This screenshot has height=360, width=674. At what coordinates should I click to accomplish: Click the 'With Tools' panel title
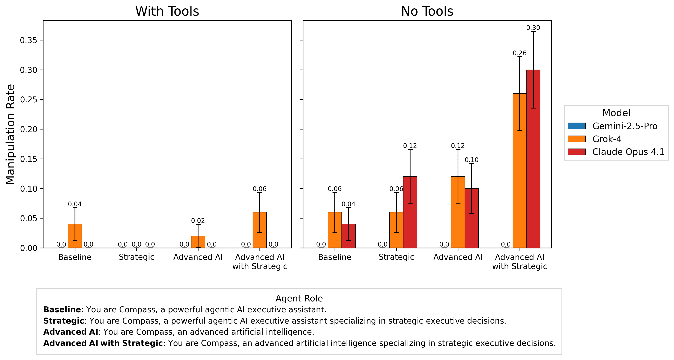point(167,11)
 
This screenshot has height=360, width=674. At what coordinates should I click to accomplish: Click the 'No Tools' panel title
point(427,11)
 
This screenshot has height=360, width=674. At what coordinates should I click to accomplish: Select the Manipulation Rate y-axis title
point(10,134)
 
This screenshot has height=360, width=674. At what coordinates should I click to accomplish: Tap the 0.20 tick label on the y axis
point(29,129)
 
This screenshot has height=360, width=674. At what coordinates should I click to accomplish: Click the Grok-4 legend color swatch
point(576,139)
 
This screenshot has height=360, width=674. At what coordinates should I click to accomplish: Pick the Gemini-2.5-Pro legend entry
point(625,126)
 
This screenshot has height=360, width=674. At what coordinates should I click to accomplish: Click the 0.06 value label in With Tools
point(259,189)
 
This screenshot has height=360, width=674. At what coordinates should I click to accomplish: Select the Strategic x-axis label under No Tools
point(396,257)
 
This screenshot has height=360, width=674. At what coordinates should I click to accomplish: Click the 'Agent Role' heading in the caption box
point(299,299)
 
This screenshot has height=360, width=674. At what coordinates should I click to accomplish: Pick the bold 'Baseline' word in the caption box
point(62,310)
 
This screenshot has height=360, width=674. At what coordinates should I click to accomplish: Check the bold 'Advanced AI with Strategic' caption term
point(103,343)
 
